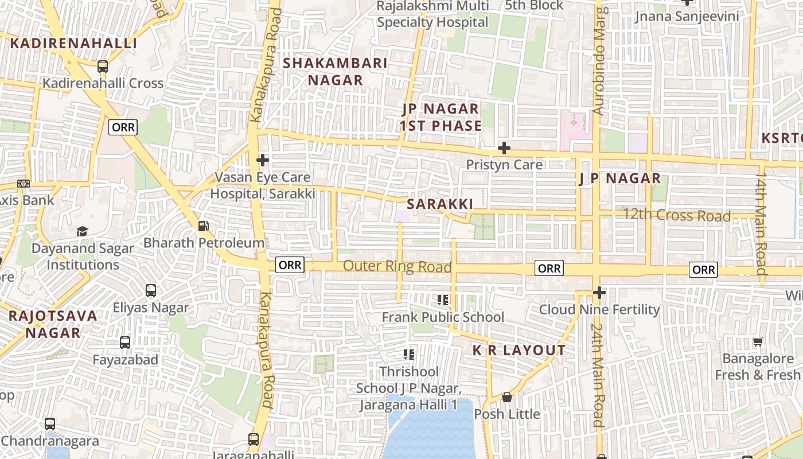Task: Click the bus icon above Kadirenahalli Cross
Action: point(103,67)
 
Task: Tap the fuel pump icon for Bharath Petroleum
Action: point(204,226)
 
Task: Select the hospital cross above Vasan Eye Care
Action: point(263,160)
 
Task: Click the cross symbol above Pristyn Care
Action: point(504,148)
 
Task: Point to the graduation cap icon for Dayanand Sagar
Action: point(83,231)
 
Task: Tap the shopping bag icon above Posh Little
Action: point(507,397)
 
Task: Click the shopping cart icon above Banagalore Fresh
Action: point(758,342)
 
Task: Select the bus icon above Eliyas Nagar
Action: point(151,291)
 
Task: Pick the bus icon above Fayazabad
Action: point(125,343)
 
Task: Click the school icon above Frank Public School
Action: point(442,300)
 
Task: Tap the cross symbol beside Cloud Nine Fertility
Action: point(599,293)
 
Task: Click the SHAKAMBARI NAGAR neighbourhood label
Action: point(336,72)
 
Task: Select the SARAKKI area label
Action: point(440,204)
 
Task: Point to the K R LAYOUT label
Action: point(519,350)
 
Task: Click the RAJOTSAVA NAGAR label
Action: point(53,324)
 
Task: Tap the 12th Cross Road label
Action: point(677,216)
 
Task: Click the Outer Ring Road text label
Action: point(397,267)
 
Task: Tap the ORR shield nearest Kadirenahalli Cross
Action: point(123,127)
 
